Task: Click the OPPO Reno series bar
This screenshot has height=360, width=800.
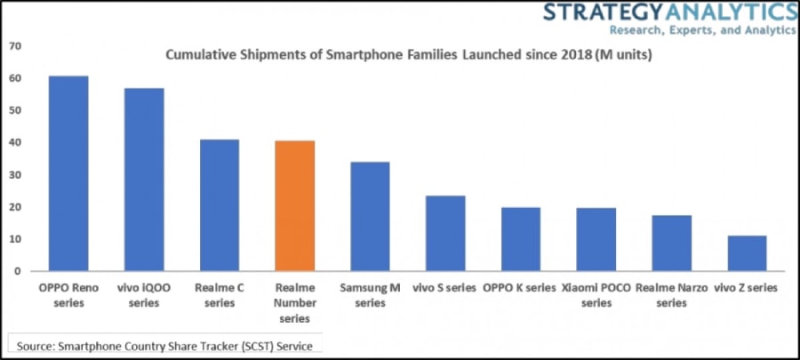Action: pyautogui.click(x=68, y=173)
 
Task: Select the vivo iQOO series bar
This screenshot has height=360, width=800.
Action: pyautogui.click(x=143, y=180)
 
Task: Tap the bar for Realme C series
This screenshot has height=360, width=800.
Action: pyautogui.click(x=219, y=205)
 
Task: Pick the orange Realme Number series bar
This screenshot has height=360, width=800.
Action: pyautogui.click(x=294, y=206)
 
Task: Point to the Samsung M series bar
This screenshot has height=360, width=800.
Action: pyautogui.click(x=370, y=216)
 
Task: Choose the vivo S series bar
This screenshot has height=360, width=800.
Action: pyautogui.click(x=444, y=233)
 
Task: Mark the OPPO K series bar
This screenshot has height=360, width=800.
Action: pyautogui.click(x=520, y=239)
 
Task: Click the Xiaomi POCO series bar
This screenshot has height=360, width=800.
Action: pyautogui.click(x=596, y=239)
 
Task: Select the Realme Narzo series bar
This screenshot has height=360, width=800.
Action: pyautogui.click(x=671, y=243)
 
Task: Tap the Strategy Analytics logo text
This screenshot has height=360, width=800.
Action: pyautogui.click(x=668, y=12)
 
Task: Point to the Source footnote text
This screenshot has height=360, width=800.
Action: pyautogui.click(x=164, y=344)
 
